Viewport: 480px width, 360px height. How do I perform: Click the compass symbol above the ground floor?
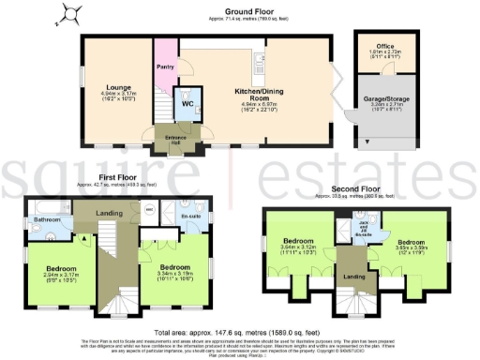(x=67, y=14)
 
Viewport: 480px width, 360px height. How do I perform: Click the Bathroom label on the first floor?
(x=48, y=220)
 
